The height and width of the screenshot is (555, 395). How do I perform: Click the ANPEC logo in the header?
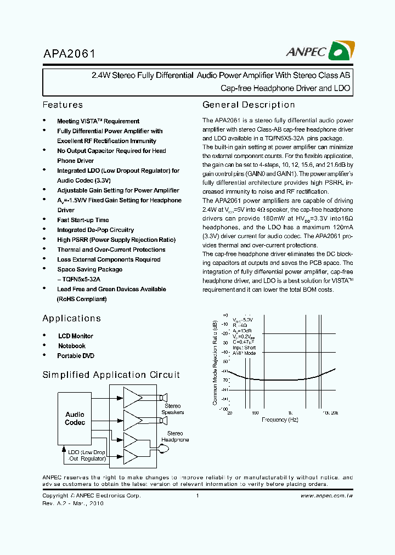pyautogui.click(x=318, y=52)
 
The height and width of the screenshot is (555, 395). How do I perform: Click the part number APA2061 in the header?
pyautogui.click(x=69, y=54)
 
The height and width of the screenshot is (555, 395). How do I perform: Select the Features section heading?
pyautogui.click(x=63, y=105)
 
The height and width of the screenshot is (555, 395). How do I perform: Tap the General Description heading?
pyautogui.click(x=249, y=105)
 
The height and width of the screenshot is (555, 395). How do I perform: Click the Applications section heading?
pyautogui.click(x=71, y=318)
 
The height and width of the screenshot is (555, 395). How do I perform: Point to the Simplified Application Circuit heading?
pyautogui.click(x=111, y=375)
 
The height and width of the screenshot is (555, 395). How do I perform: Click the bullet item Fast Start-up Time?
pyautogui.click(x=83, y=220)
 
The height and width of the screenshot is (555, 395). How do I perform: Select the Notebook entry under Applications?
pyautogui.click(x=72, y=346)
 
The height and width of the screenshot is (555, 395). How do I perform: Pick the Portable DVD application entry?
pyautogui.click(x=76, y=356)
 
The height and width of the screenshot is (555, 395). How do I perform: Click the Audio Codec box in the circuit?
pyautogui.click(x=75, y=418)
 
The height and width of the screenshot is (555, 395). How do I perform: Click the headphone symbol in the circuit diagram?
pyautogui.click(x=162, y=449)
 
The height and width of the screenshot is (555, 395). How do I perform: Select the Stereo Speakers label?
pyautogui.click(x=173, y=409)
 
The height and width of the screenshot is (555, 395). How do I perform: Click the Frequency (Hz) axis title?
pyautogui.click(x=280, y=420)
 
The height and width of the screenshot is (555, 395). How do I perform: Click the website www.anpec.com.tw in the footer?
pyautogui.click(x=326, y=496)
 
